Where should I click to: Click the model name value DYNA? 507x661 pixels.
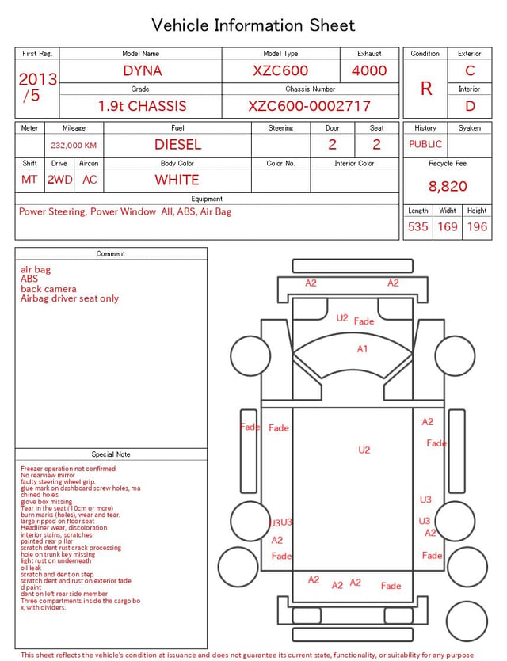143,70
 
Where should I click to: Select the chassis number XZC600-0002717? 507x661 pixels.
309,106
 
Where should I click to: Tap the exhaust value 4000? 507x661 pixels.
369,70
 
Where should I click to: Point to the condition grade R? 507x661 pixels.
426,89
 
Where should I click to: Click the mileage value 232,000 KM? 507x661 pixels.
74,146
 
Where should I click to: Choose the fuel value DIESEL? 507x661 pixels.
177,145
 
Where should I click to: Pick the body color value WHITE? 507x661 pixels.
177,180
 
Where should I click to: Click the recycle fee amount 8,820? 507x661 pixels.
448,186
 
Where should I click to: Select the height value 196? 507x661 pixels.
477,226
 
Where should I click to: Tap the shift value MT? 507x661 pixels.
29,180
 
